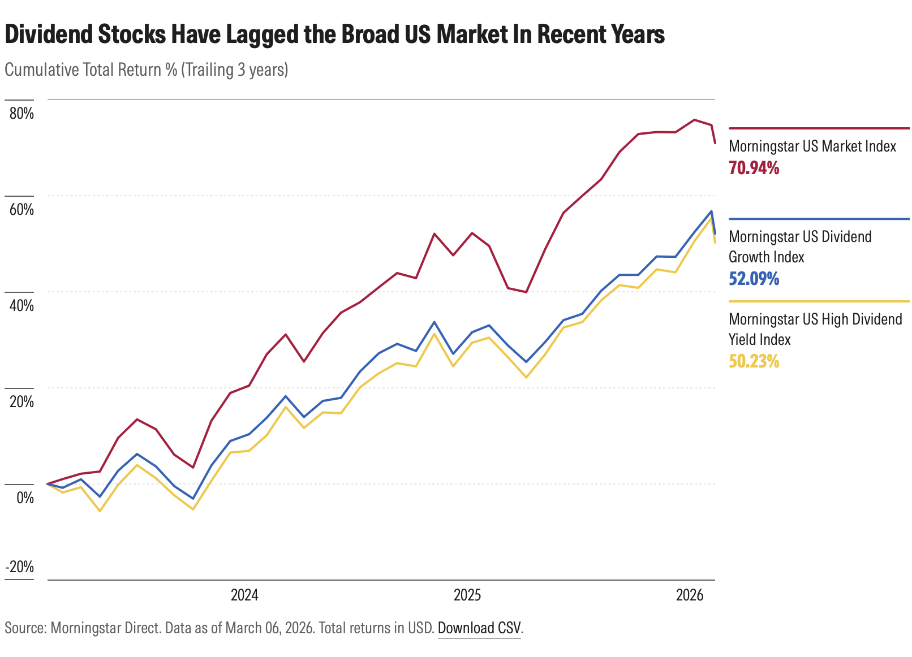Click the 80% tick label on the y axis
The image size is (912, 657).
click(21, 114)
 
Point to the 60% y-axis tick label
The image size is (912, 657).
click(21, 210)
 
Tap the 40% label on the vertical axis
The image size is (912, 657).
click(21, 306)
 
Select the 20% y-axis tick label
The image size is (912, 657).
click(21, 402)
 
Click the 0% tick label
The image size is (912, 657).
click(25, 498)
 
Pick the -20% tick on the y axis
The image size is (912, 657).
click(20, 567)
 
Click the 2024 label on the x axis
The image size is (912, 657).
click(244, 595)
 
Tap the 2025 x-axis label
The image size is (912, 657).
click(467, 595)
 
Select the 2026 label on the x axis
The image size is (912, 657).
click(690, 595)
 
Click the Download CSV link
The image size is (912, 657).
click(479, 629)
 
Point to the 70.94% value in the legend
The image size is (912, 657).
click(754, 168)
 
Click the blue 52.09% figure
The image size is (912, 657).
click(754, 279)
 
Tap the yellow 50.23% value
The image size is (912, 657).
click(754, 361)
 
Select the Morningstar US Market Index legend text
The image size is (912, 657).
click(812, 146)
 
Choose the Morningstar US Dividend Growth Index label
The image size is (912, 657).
click(799, 247)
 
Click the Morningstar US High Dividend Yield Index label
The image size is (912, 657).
click(815, 329)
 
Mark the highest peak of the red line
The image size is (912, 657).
click(694, 120)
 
